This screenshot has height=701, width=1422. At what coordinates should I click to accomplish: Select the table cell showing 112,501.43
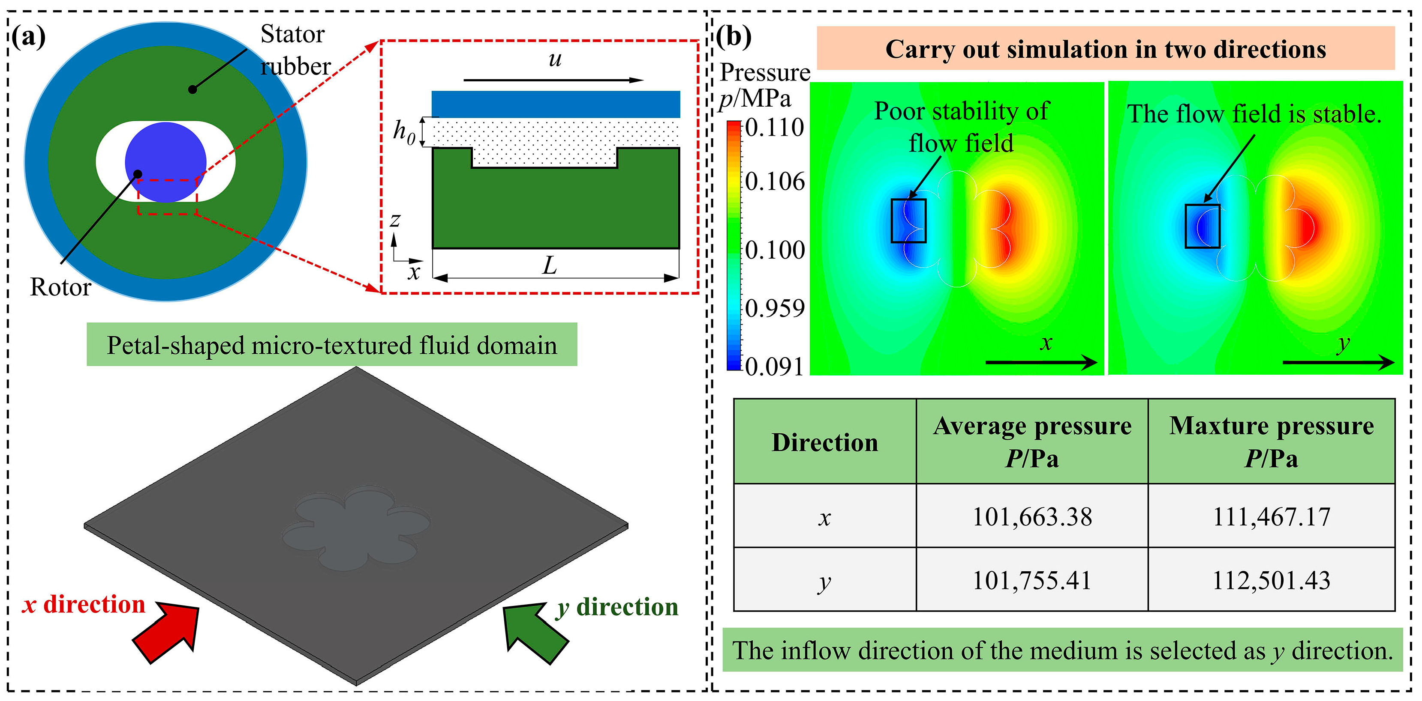1271,580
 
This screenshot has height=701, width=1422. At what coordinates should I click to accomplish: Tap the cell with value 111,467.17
1271,517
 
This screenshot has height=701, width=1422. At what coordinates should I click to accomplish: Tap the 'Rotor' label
60,287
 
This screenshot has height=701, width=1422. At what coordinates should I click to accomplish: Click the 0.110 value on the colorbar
775,128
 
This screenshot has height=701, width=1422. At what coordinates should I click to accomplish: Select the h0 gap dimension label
403,133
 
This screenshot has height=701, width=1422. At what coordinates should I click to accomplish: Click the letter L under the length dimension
549,266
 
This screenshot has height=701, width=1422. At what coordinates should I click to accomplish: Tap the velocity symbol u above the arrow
555,59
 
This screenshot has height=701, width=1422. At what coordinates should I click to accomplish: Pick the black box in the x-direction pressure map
908,221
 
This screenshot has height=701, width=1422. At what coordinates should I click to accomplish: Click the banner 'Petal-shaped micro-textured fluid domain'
332,345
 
